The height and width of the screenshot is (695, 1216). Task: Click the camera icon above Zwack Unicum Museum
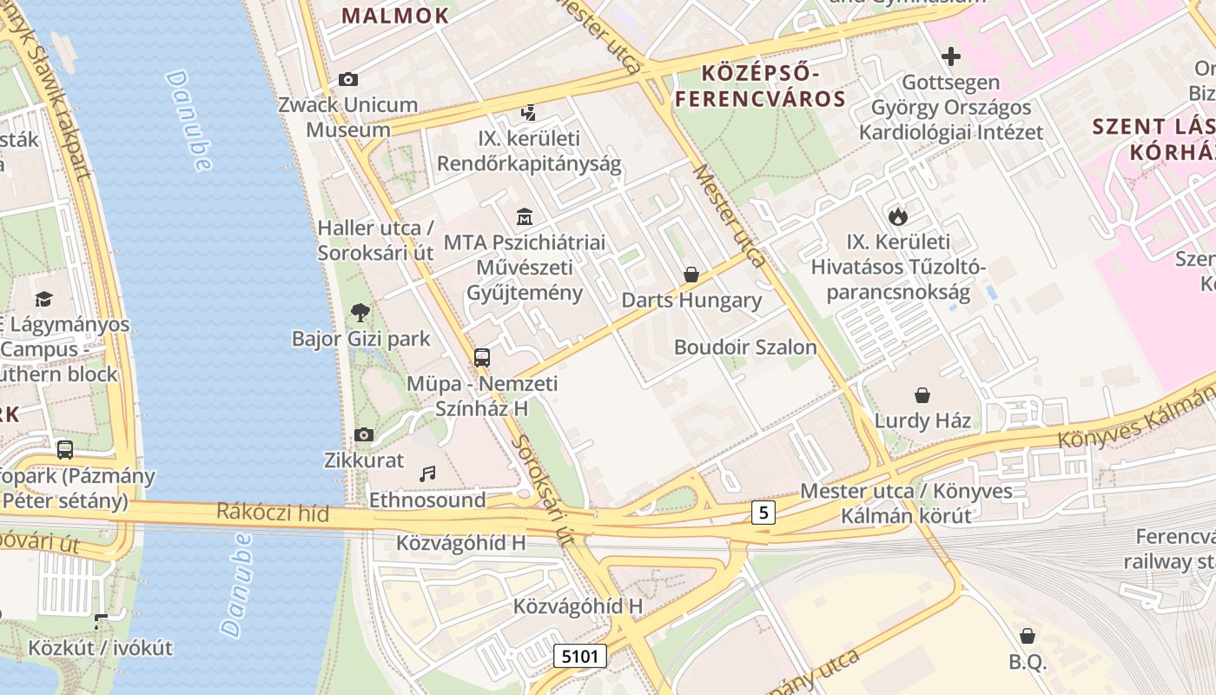pos(348,80)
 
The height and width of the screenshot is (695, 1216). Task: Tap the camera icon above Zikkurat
pos(364,434)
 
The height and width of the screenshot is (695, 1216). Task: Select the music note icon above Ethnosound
pos(427,473)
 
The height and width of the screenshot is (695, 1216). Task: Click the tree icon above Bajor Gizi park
pos(360,312)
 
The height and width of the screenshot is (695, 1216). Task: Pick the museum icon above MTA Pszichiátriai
pos(525,216)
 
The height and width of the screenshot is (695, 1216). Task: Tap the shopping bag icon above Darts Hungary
pos(691,275)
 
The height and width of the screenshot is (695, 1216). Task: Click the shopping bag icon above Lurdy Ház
pos(922,395)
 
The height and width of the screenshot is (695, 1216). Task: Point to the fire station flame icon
pos(898,215)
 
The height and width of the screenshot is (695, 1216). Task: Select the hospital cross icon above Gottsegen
pos(951,57)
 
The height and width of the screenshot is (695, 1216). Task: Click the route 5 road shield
pos(763,513)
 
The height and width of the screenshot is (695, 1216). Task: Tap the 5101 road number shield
pos(580,656)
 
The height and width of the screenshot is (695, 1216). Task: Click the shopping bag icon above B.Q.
pos(1028,636)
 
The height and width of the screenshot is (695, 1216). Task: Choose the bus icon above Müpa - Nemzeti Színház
pos(482,357)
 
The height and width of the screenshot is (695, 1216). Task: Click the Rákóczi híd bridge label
pos(273,513)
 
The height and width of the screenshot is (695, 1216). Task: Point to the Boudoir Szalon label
pos(745,347)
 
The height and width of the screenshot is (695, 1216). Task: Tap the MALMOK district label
pos(395,15)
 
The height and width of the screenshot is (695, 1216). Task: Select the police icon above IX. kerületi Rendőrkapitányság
pos(528,112)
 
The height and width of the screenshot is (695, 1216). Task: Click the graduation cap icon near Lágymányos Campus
pos(43,299)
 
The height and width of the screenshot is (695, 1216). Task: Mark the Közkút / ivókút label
pos(100,648)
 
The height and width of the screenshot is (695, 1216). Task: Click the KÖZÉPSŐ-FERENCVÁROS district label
pos(760,83)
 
